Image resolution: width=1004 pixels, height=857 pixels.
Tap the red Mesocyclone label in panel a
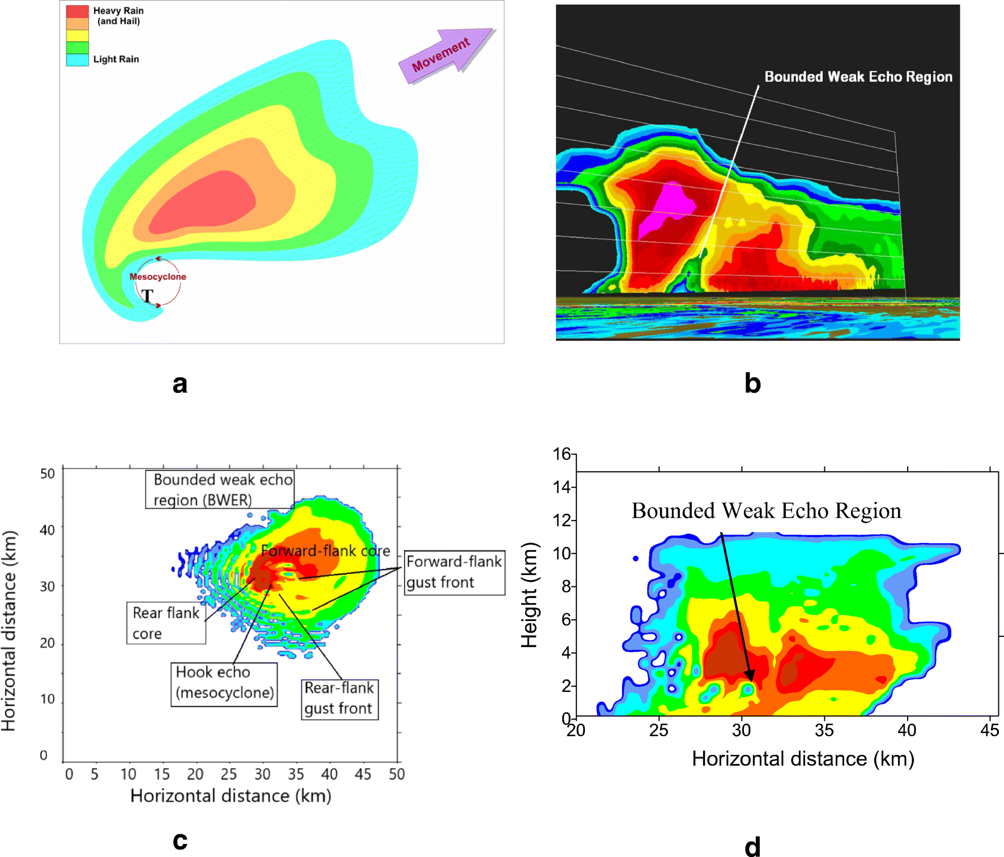point(158,277)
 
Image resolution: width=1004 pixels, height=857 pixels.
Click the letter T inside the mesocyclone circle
point(147,295)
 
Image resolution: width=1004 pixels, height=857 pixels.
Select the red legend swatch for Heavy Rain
point(77,11)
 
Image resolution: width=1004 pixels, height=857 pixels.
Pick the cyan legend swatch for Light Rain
point(77,60)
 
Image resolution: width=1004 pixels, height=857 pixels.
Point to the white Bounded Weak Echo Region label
point(858,77)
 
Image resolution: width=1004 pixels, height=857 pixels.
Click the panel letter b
point(752,384)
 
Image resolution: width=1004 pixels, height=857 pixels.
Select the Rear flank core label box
point(166,623)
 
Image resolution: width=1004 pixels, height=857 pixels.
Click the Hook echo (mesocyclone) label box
point(224,682)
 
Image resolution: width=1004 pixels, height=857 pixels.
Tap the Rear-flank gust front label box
point(339,698)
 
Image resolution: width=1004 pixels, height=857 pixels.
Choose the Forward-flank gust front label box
point(454,572)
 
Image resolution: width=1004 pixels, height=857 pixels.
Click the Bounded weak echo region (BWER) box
point(220,489)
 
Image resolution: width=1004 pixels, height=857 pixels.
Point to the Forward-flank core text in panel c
point(325,551)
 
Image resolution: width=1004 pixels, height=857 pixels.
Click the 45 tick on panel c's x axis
point(363,774)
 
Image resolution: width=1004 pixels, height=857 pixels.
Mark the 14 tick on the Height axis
point(561,487)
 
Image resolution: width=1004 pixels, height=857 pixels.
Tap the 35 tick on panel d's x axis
point(824,730)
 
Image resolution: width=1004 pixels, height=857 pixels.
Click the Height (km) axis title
point(529,596)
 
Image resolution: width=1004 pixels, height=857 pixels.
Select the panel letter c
point(180,841)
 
